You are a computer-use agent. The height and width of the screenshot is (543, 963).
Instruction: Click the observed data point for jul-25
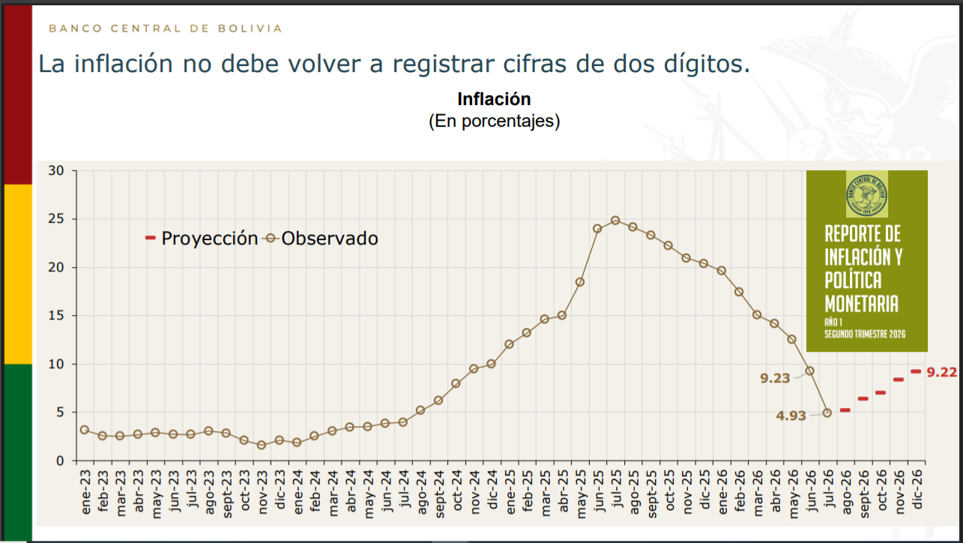point(615,220)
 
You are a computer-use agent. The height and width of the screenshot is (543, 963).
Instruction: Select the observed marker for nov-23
point(262,445)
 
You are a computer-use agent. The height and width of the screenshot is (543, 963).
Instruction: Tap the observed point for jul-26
point(827,412)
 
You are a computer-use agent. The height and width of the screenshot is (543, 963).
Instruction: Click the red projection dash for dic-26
point(916,371)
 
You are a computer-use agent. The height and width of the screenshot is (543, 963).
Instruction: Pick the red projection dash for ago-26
point(845,410)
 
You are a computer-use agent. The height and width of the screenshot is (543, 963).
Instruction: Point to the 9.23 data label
point(775,378)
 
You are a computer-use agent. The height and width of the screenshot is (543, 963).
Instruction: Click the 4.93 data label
point(791,415)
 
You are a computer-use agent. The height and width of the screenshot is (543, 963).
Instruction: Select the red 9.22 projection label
point(941,372)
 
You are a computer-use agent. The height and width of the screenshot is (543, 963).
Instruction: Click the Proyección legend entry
point(202,238)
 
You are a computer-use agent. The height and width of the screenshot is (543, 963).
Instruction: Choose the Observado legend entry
point(321,238)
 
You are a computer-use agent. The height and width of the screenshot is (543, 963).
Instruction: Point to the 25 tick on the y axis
point(56,219)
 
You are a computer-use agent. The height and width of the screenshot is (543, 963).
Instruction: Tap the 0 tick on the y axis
point(60,460)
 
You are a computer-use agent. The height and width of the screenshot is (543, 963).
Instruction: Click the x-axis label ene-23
point(85,492)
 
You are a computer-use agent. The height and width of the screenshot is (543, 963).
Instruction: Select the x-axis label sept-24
point(439,494)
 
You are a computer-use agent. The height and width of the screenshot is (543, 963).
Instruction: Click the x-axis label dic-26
point(917,490)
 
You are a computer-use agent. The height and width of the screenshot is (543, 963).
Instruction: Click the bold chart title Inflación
point(494,99)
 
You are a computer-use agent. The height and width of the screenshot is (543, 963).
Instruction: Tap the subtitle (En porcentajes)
point(495,121)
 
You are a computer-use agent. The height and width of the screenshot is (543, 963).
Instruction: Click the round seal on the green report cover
point(866,195)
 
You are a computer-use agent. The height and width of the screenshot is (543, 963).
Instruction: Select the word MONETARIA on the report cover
point(862,304)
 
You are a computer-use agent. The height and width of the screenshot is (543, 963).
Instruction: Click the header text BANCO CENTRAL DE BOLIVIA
point(166,28)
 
